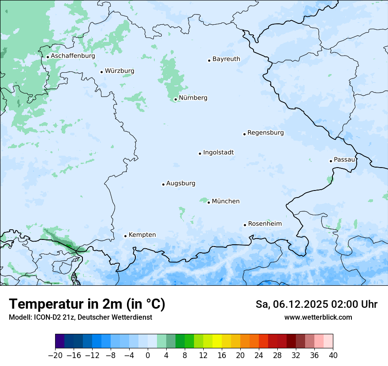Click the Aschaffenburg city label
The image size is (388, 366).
[x=73, y=56]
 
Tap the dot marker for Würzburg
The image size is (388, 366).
[x=101, y=72]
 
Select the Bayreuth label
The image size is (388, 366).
[x=226, y=59]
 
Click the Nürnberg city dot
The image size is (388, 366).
[x=175, y=99]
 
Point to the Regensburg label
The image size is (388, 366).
[x=265, y=133]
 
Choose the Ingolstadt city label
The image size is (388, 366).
[x=218, y=153]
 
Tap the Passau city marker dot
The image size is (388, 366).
[x=331, y=161]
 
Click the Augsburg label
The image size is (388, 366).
[x=181, y=183]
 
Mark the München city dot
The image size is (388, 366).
[x=209, y=202]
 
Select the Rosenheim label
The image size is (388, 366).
[x=265, y=224]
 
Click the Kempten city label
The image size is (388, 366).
[x=142, y=235]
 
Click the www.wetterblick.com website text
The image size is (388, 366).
[x=318, y=317]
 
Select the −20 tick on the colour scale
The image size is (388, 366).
[x=55, y=355]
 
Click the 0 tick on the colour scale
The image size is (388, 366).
[x=148, y=355]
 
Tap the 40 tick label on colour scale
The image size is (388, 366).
[x=333, y=355]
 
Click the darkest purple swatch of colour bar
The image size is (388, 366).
[x=60, y=341]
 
